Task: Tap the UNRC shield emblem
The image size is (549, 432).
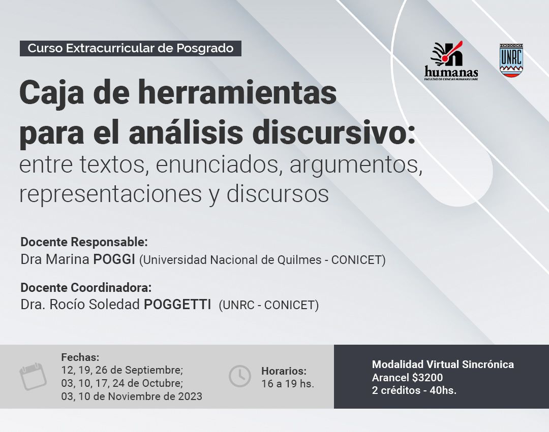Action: coord(511,60)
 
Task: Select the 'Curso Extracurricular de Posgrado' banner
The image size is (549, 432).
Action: coord(131,48)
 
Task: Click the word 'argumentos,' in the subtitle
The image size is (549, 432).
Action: coord(356,165)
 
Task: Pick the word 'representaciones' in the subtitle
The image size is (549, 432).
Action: coord(110,194)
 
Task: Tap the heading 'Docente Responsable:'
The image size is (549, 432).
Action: coord(84,242)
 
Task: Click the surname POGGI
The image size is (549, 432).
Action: coord(114,259)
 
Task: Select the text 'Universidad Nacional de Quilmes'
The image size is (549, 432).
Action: coord(232,260)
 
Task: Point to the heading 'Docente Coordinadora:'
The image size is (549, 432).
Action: coord(86,287)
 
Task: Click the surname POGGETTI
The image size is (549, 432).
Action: coord(177,305)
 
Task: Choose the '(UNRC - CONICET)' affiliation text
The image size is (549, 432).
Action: coord(269,305)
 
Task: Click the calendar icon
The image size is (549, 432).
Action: coord(33,377)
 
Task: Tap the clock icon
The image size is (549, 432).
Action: coord(240,377)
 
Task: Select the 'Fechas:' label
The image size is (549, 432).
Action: coord(80,357)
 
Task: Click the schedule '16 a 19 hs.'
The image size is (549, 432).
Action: coord(288,384)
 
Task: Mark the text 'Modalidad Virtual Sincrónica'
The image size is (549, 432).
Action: coord(443,364)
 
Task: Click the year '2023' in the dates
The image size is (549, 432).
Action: coord(190,396)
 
